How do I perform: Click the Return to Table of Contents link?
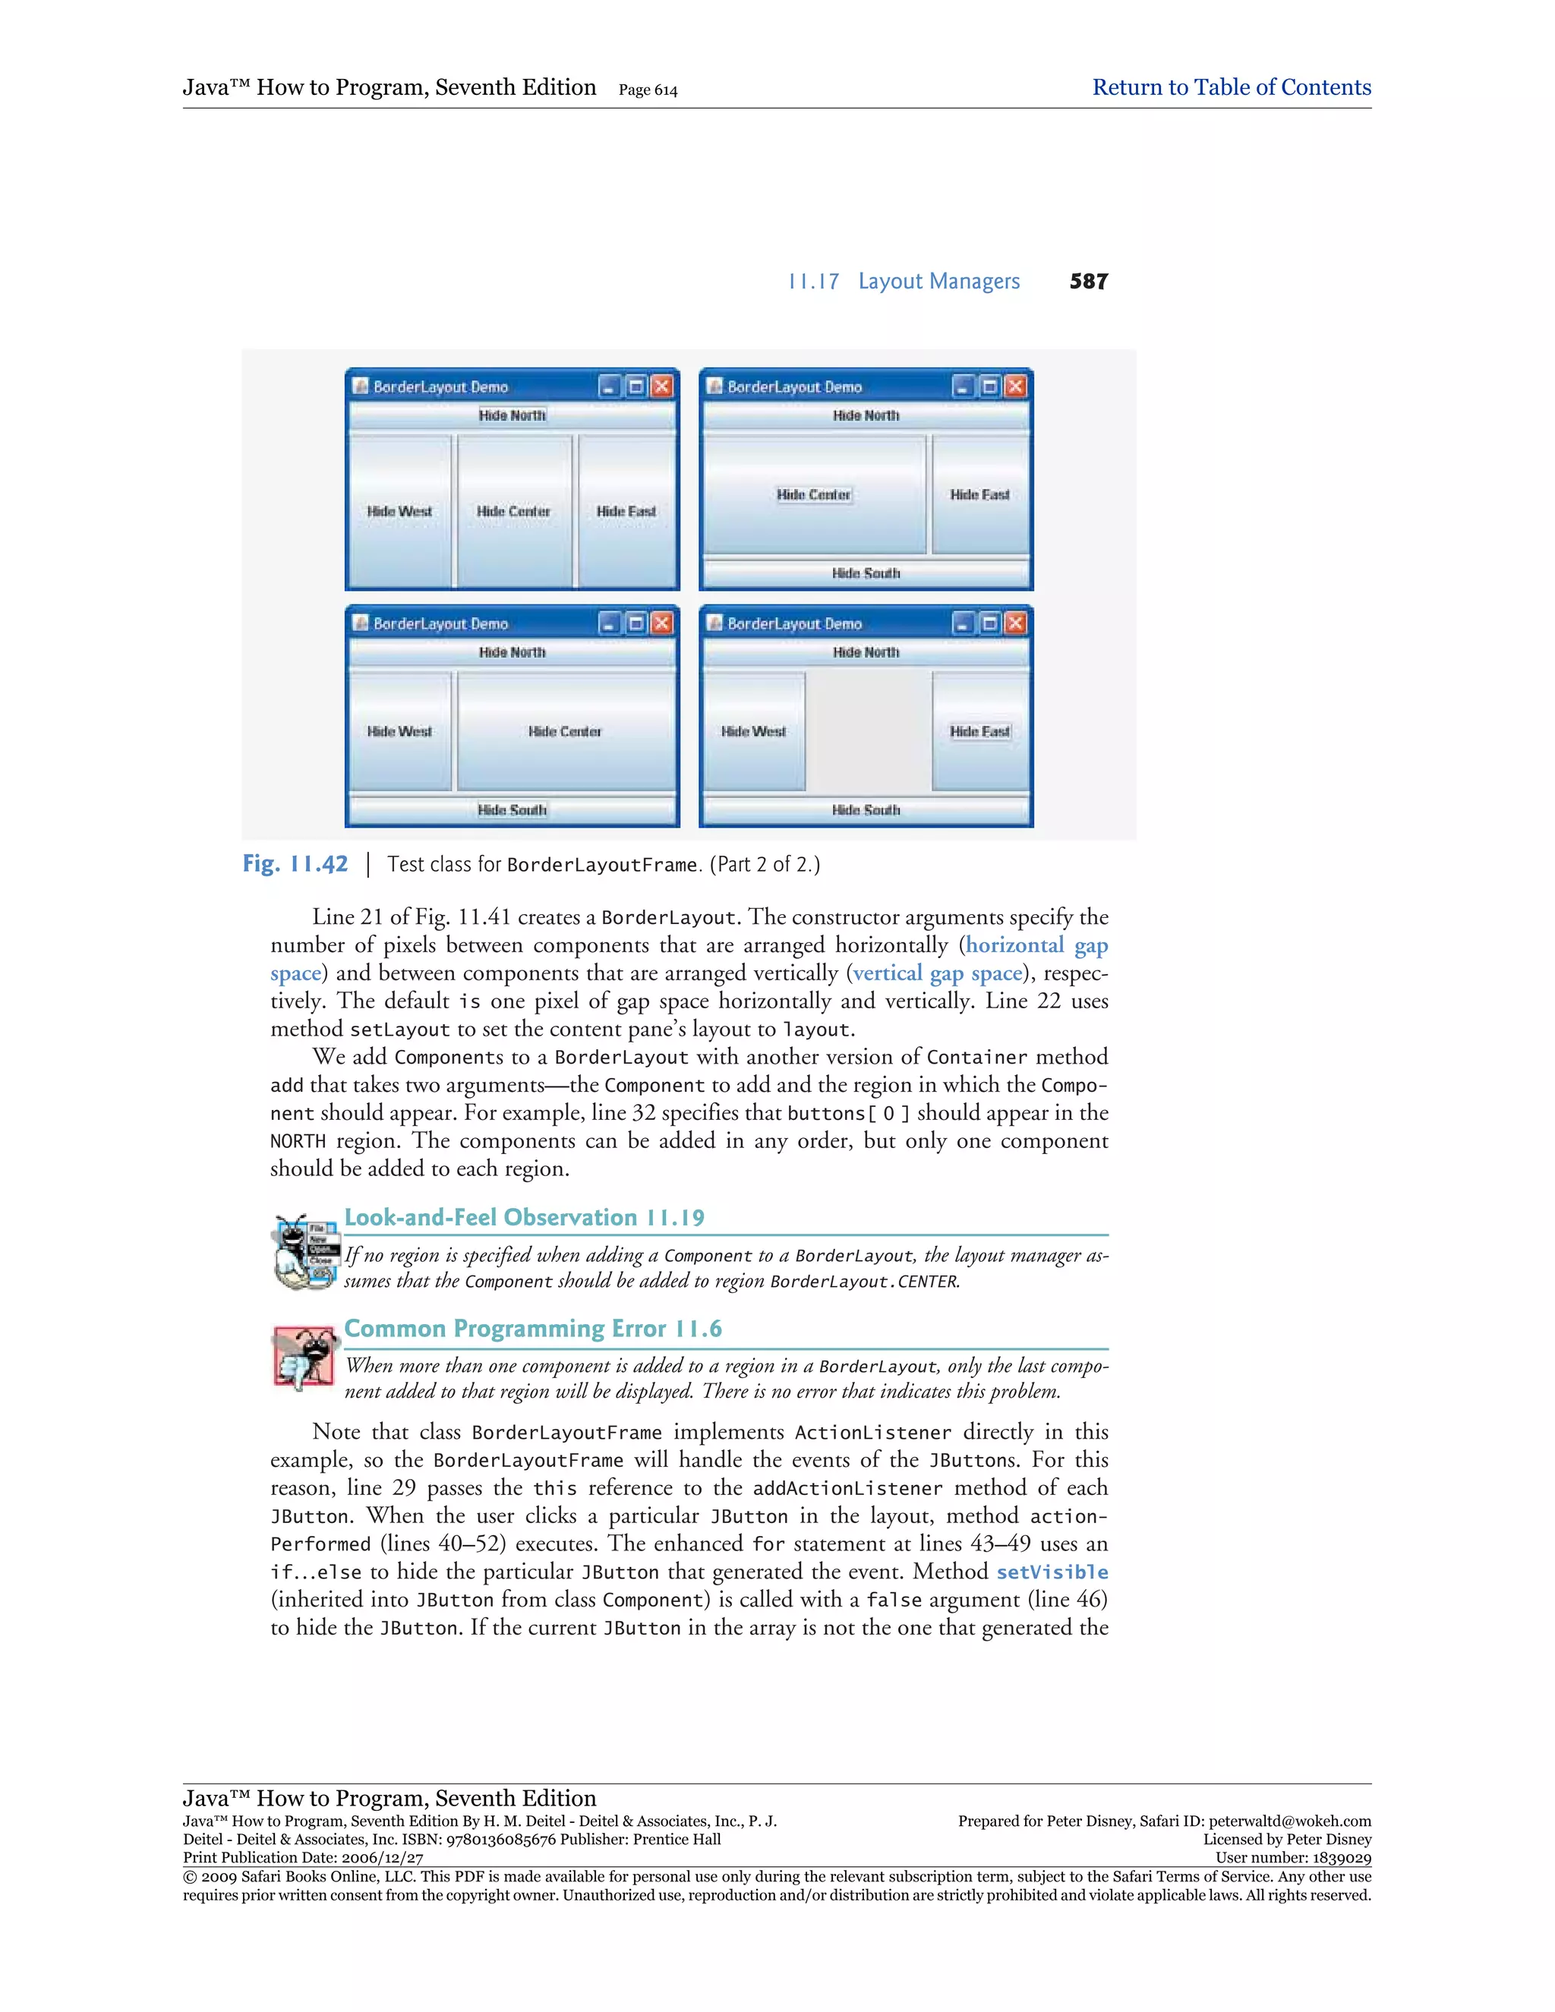1231,87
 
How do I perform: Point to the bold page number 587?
1088,281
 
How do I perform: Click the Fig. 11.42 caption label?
295,864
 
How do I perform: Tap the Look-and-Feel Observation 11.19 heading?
524,1218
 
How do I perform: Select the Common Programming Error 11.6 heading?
532,1329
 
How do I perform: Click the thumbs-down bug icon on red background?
303,1357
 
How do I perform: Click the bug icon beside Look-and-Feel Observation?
303,1250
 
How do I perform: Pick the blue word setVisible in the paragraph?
1052,1572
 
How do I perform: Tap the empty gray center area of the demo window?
868,730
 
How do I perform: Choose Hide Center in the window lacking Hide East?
565,731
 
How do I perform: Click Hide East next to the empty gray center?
980,731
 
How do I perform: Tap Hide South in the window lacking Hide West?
866,573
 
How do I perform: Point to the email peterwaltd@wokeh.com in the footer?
1290,1821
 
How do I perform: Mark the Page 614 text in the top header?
648,90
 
